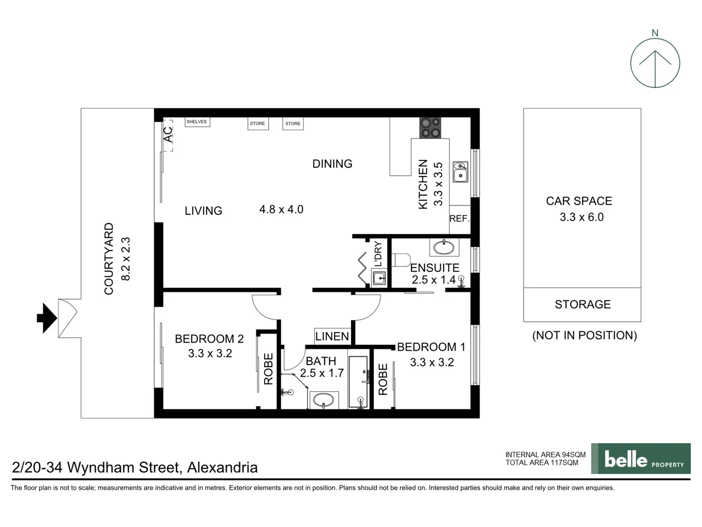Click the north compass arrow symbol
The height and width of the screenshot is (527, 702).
coord(655,63)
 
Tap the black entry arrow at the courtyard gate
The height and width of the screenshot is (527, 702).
coord(47,318)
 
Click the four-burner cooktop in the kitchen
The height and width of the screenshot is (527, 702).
coord(430,128)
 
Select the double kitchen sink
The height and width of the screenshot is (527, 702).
coord(460,172)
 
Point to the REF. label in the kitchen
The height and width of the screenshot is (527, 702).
coord(459,219)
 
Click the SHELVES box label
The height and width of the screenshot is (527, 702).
coord(197,122)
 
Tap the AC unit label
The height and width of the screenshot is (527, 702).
coord(168,135)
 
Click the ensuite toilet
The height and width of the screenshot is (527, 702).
coord(400,260)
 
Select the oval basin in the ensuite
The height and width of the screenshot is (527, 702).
coord(444,247)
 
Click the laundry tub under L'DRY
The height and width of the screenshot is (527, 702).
coord(379,279)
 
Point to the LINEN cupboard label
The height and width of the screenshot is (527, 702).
coord(332,336)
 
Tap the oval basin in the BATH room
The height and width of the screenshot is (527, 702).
coord(323,401)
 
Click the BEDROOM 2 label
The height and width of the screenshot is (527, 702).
coord(209,339)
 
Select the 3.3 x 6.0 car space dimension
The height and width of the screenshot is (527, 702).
coord(582,217)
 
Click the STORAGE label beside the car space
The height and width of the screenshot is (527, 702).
coord(583,304)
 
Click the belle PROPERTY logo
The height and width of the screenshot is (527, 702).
coord(641,459)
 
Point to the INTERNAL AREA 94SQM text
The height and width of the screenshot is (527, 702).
coord(545,454)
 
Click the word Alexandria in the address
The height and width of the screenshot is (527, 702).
coord(222,467)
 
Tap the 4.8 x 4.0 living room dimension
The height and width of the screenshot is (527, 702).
coord(281,209)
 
